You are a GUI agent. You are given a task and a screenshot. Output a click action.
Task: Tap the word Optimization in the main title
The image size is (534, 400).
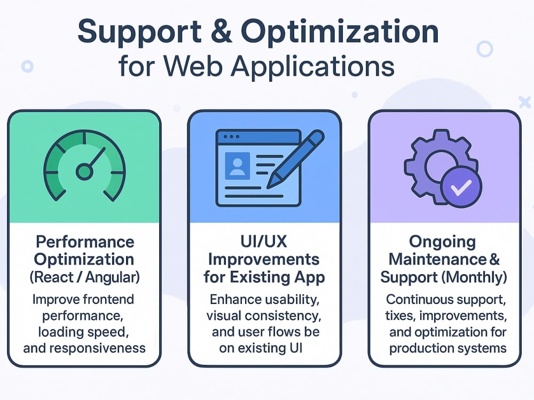[x=340, y=33]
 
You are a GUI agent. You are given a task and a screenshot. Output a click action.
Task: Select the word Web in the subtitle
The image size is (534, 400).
[x=193, y=66]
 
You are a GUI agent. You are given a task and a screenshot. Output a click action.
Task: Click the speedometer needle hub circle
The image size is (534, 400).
[x=84, y=172]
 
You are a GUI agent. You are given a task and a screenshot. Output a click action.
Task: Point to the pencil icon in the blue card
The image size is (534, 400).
[x=295, y=159]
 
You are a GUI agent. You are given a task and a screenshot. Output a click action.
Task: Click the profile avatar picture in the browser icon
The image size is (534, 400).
[x=238, y=166]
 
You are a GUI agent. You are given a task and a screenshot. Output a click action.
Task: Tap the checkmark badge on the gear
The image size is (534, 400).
[x=461, y=187]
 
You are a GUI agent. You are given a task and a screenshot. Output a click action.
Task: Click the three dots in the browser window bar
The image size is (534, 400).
[x=231, y=137]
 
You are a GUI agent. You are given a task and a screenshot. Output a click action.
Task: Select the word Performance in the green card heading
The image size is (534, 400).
[x=85, y=242]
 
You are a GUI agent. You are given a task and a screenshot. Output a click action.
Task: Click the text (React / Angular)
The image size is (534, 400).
[x=84, y=277]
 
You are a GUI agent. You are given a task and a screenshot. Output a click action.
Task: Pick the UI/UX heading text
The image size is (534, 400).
[x=264, y=242]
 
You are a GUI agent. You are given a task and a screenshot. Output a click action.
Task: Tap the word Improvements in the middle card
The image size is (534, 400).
[x=264, y=260]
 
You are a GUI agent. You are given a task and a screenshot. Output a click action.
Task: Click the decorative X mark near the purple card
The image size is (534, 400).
[x=525, y=102]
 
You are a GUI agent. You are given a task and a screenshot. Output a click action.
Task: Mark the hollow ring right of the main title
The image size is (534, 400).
[x=485, y=49]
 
